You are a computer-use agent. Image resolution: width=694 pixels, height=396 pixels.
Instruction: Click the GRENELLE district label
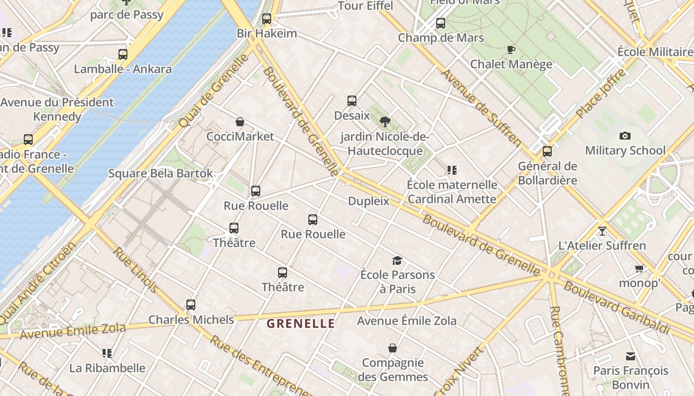[x=300, y=324]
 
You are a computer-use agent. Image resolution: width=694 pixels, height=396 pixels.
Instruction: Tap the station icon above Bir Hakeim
[x=267, y=19]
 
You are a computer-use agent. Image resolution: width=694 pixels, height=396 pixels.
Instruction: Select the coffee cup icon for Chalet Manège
[x=511, y=49]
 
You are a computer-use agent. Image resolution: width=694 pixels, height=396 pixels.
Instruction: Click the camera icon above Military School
[x=625, y=136]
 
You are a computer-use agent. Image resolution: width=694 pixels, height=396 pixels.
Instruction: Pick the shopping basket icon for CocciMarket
[x=240, y=122]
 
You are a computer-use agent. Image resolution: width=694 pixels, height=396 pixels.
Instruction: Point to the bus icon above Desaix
[x=352, y=101]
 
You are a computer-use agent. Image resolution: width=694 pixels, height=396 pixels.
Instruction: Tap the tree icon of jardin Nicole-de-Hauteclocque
[x=385, y=121]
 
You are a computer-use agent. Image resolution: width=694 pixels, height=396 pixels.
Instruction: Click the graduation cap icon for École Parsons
[x=397, y=260]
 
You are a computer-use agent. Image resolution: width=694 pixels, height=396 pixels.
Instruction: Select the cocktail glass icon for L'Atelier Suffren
[x=602, y=231]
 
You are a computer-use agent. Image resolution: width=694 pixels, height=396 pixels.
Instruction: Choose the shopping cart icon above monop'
[x=639, y=269]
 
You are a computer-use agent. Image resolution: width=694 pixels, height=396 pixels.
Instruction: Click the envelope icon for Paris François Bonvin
[x=631, y=356]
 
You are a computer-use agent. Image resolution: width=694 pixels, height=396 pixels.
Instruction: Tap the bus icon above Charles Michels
[x=191, y=305]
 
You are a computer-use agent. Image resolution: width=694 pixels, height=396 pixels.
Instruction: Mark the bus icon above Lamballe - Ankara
[x=123, y=54]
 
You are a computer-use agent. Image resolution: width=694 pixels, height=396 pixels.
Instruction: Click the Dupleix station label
[x=368, y=201]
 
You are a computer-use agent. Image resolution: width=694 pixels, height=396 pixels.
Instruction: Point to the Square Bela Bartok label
[x=161, y=173]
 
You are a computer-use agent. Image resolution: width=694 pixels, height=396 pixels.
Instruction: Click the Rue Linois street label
[x=135, y=270]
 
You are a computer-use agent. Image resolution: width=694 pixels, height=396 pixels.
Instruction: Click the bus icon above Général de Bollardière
[x=547, y=151]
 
